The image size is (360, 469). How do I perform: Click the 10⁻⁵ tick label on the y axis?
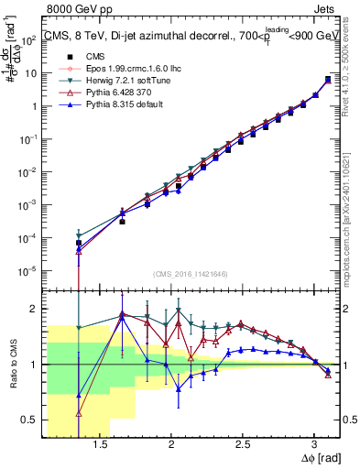tap(29, 270)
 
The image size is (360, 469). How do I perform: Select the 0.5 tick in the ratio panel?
tap(30, 420)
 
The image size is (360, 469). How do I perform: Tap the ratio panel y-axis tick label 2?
tap(35, 309)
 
